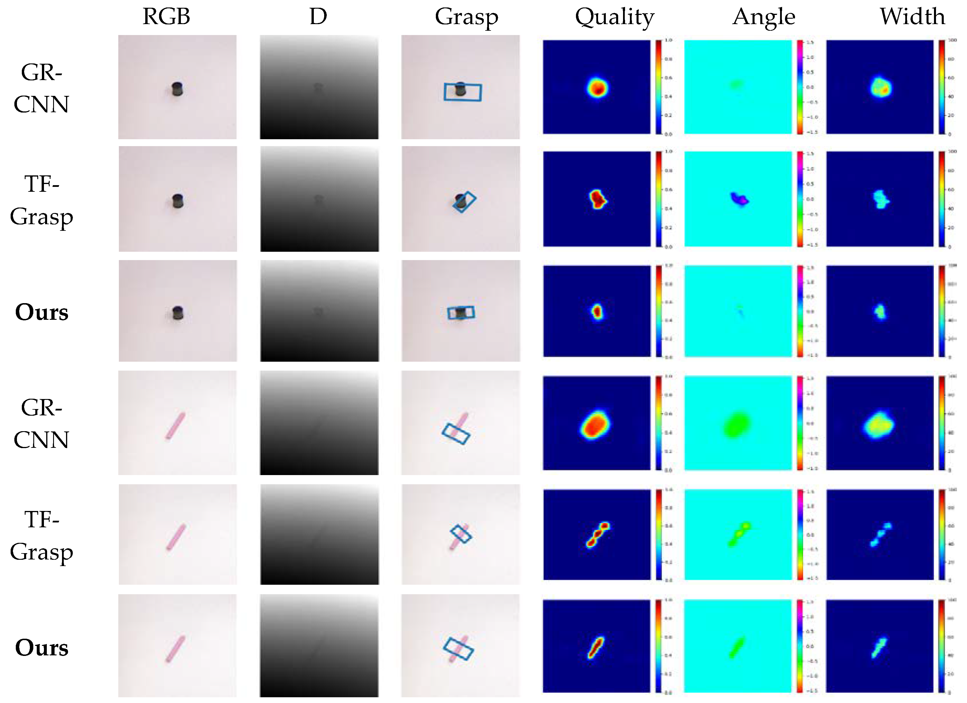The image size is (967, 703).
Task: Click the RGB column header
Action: (166, 17)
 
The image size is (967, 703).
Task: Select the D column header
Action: (318, 17)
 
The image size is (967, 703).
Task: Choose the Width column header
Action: (912, 17)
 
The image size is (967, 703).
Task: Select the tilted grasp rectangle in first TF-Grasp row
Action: (464, 202)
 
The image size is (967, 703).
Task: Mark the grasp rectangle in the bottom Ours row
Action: (458, 649)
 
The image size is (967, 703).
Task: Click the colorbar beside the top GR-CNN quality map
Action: (659, 87)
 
